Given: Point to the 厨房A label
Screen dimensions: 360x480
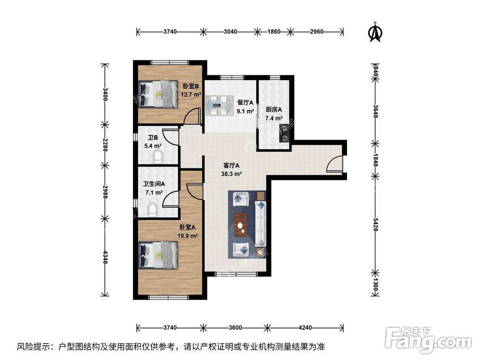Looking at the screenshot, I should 274,109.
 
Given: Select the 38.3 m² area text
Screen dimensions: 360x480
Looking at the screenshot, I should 231,175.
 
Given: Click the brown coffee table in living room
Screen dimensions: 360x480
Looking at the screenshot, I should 241,224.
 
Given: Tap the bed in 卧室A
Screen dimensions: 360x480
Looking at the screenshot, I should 159,254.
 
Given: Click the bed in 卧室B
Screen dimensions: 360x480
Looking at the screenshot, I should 159,94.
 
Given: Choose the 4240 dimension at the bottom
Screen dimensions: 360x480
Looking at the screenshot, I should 305,328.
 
